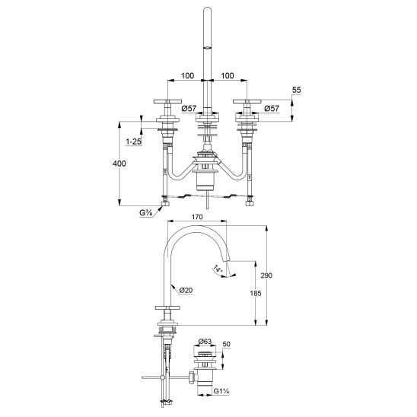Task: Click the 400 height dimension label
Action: [119, 164]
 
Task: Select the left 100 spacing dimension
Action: [187, 76]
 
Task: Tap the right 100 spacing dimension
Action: [228, 76]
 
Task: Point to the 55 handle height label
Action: [296, 90]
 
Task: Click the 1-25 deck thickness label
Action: [133, 142]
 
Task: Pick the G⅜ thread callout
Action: [146, 213]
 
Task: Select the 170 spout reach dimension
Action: [197, 217]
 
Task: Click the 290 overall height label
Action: [266, 275]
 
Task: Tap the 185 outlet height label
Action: [256, 293]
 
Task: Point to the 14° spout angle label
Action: [218, 268]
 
